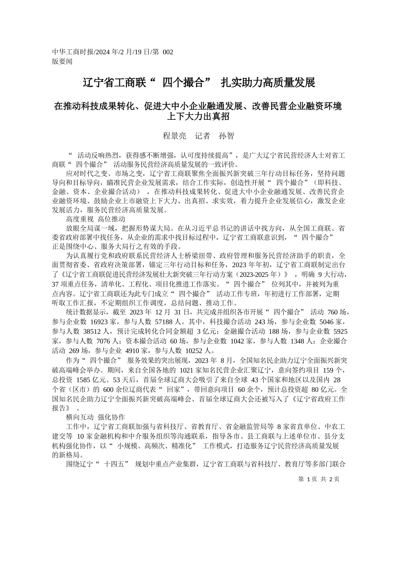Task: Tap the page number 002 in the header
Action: click(x=168, y=52)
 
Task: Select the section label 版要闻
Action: click(x=62, y=61)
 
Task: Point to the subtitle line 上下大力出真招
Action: click(x=198, y=117)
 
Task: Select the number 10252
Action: click(x=193, y=351)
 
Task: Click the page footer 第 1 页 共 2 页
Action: click(x=319, y=479)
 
